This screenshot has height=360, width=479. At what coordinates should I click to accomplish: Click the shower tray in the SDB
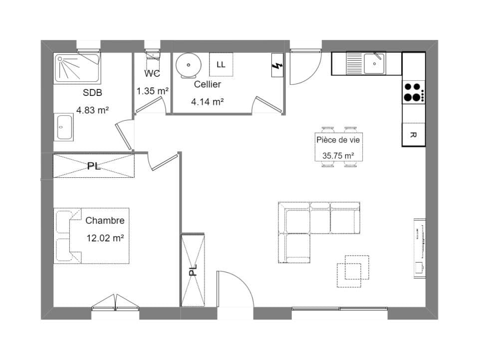coord(77,68)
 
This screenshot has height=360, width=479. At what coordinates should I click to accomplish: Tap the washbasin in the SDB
coord(64,127)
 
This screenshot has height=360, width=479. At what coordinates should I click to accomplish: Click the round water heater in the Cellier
coord(189,65)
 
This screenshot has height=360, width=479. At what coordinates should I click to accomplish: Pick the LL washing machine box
coord(221,64)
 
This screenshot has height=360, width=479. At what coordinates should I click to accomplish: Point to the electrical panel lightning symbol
coord(277,65)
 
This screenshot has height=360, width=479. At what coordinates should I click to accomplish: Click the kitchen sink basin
coord(374,63)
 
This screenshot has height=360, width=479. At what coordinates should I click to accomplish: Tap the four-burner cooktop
coord(414,92)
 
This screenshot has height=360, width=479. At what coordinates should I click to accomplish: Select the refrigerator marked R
coord(414,134)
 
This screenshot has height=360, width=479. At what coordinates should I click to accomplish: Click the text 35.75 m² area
coord(338,156)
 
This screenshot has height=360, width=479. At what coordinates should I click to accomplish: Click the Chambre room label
coord(105,220)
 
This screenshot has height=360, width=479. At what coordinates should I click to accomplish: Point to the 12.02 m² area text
coord(105,238)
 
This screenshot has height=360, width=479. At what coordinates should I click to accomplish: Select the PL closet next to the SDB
coord(94,166)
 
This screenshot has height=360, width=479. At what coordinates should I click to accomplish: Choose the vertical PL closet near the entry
coord(193,270)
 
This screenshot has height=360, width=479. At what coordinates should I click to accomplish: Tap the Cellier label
coord(208,84)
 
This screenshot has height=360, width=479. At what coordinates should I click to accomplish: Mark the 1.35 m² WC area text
coord(153,91)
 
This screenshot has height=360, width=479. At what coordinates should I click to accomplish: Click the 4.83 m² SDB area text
coord(93,110)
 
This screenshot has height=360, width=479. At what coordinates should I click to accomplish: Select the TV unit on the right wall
coord(420,249)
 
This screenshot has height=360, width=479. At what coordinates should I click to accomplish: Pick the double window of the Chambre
coord(115,303)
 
